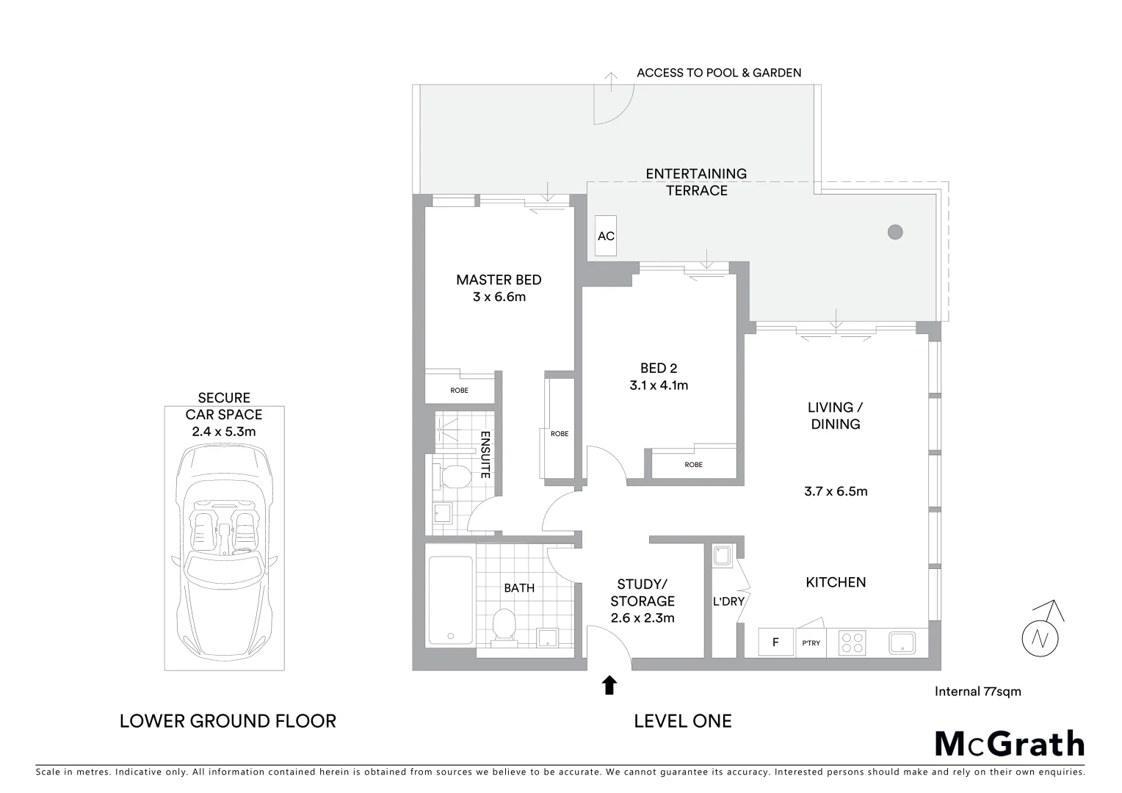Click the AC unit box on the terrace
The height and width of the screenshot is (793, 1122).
coord(606,236)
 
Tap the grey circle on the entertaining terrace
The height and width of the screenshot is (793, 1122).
coord(894,232)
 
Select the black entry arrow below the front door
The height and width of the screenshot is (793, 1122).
coord(609,685)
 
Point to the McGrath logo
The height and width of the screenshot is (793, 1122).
coord(1009,744)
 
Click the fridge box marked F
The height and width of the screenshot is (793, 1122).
coord(775,642)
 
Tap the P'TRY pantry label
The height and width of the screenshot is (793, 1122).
coord(811,643)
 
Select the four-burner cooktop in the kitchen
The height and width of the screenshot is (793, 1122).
coord(853,642)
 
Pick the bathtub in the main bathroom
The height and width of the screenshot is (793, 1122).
coord(450,600)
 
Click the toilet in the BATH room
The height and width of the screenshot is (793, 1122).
coord(504,626)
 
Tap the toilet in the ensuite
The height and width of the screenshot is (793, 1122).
coord(454,477)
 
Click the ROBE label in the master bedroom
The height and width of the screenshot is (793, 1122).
coord(459,391)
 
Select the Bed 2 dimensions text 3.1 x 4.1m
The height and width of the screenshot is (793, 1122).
coord(659,385)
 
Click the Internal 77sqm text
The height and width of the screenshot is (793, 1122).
coord(977,691)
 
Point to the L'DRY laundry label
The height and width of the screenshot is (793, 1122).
coord(728,601)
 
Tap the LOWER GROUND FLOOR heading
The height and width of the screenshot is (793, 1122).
coord(228,721)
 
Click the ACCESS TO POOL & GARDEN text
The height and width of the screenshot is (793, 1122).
coord(719,73)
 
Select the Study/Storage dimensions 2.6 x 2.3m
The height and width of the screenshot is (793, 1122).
coord(643,618)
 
